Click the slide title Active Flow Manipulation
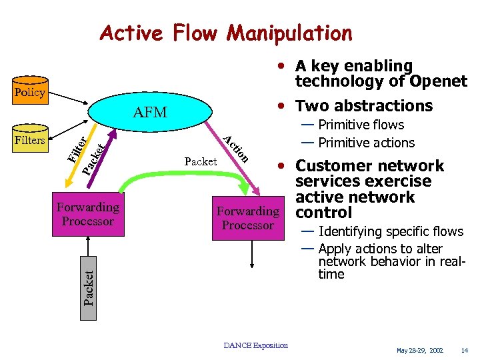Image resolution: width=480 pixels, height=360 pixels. tap(225, 33)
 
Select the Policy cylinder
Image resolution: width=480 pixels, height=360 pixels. tap(29, 93)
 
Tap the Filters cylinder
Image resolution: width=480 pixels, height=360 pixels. tap(30, 140)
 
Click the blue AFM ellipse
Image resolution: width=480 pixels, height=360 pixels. tap(151, 113)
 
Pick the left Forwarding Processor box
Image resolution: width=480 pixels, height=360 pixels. tap(88, 214)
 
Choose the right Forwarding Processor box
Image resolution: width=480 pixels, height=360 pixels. tap(247, 218)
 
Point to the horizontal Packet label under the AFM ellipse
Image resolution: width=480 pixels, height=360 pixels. tap(200, 161)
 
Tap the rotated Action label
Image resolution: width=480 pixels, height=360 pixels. tap(236, 149)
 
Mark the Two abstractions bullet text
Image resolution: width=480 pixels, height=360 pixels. tap(364, 106)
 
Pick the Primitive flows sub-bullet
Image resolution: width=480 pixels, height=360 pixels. tap(361, 125)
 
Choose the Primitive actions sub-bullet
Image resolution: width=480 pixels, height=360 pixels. tap(366, 143)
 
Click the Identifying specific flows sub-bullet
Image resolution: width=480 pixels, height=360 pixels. tap(390, 231)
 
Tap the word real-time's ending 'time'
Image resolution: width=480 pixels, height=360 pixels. tap(331, 274)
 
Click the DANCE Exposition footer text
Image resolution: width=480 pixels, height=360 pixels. tap(256, 345)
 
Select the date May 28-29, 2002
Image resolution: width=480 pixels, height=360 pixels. tap(419, 349)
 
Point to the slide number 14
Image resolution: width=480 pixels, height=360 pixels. tap(464, 349)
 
